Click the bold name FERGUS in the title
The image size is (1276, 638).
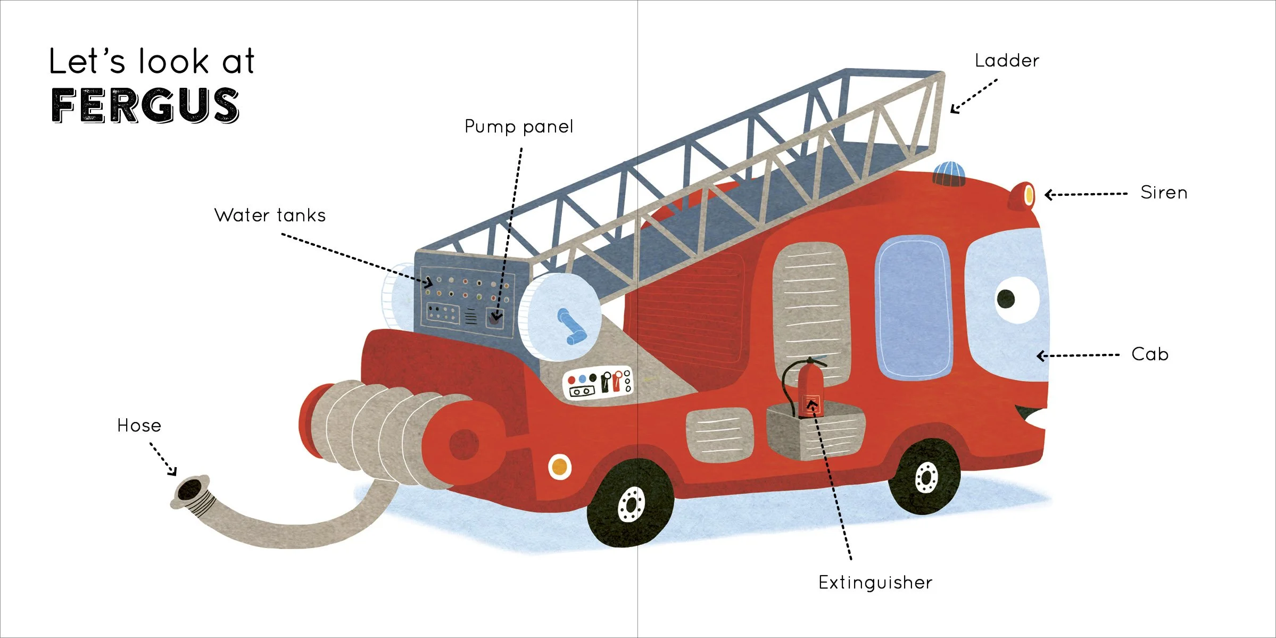pyautogui.click(x=145, y=105)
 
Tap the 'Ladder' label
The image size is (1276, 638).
pyautogui.click(x=1006, y=61)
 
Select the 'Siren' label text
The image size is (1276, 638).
pyautogui.click(x=1163, y=193)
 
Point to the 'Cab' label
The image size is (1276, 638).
pyautogui.click(x=1149, y=354)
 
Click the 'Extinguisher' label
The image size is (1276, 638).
pyautogui.click(x=875, y=583)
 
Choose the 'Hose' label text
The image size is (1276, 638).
pyautogui.click(x=139, y=426)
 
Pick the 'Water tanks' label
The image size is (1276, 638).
pyautogui.click(x=270, y=216)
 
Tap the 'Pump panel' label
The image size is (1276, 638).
pyautogui.click(x=518, y=127)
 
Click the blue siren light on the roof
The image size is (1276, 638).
pyautogui.click(x=949, y=173)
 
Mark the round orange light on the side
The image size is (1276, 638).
pyautogui.click(x=559, y=468)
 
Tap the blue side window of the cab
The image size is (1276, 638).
pyautogui.click(x=913, y=308)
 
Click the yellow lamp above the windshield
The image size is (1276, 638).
pyautogui.click(x=1029, y=195)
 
